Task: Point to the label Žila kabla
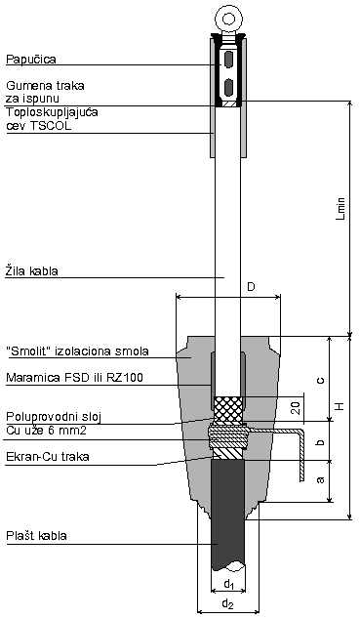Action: [32, 270]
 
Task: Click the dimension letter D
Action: [251, 287]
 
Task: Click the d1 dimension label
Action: [228, 585]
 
